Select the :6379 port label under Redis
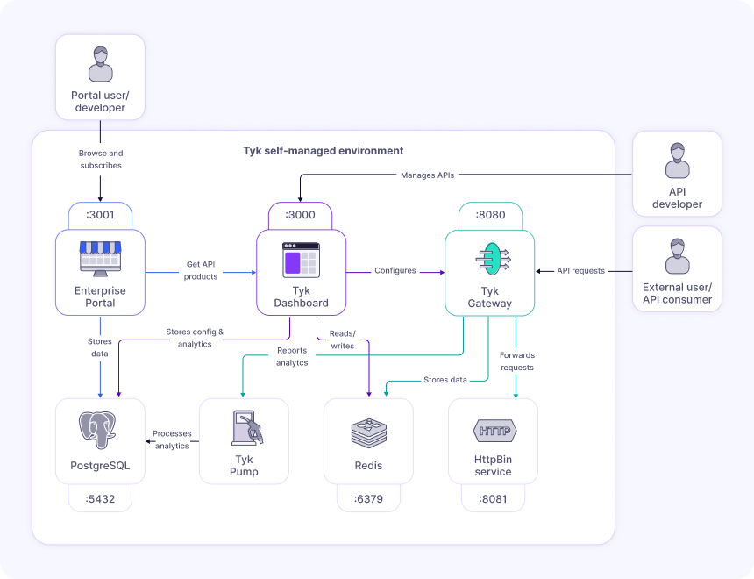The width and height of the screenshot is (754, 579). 368,499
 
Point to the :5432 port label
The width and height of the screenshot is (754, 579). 99,499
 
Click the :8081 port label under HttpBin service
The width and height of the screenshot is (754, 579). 493,499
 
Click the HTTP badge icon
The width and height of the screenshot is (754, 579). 494,431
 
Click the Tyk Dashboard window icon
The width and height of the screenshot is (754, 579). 301,261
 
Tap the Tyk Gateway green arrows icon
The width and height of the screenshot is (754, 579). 491,261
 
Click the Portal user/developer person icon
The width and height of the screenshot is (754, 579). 100,65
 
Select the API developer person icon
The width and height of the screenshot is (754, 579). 677,161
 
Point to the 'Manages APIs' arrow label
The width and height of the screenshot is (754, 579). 428,175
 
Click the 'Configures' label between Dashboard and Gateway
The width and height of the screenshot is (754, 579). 395,271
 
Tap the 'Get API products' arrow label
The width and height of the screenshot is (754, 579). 201,270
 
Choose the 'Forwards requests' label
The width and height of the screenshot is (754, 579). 516,361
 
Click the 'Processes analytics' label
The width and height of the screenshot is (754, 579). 172,440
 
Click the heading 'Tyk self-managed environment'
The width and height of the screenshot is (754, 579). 324,151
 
